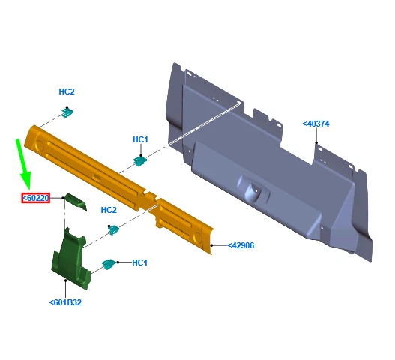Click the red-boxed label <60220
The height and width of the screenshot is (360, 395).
pos(35,198)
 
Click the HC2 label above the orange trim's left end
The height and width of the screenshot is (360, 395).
pos(67,91)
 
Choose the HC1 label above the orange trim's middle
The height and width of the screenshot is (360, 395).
pos(140,139)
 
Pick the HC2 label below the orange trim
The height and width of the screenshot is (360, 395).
pos(108,210)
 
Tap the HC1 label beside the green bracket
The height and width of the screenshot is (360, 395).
pos(139,262)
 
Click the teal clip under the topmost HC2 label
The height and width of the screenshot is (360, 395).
pos(67,112)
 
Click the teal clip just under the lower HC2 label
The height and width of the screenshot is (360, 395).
pos(114,229)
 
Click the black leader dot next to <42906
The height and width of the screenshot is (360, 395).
pos(213,245)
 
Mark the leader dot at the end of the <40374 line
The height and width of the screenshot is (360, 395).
pos(317,145)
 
